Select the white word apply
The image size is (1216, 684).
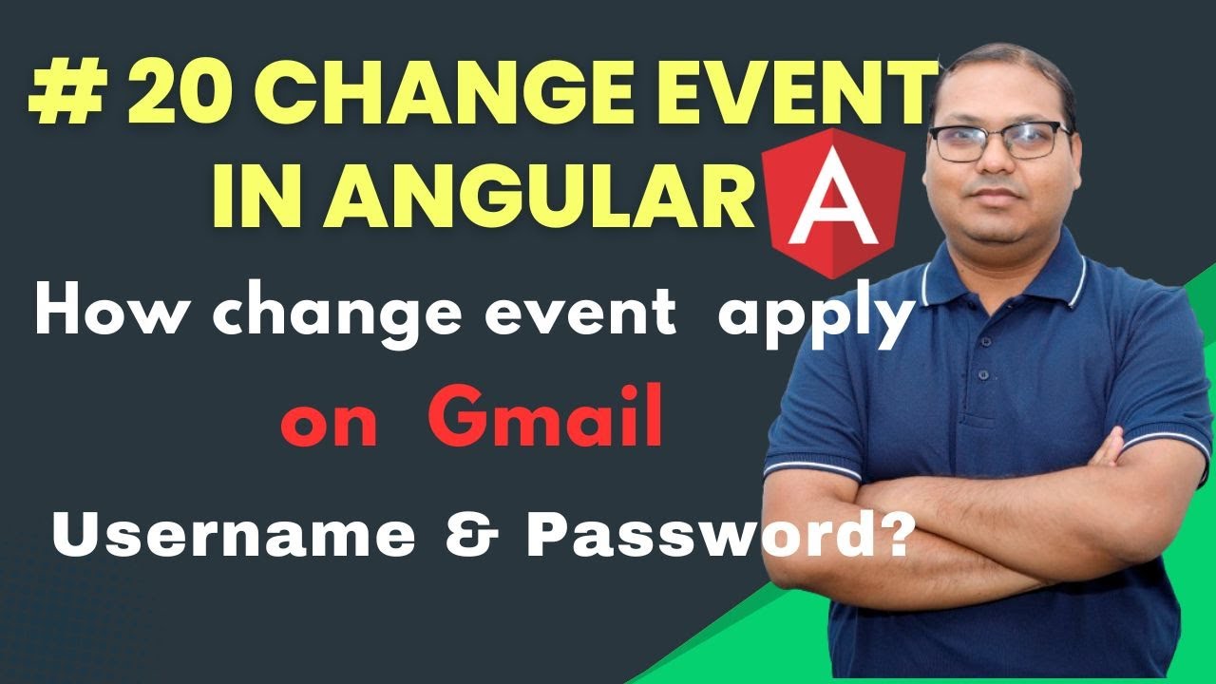[814, 318]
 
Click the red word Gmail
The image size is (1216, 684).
[545, 421]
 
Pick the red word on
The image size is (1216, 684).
[330, 426]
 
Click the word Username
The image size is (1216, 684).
[234, 537]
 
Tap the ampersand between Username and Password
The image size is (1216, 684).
[471, 537]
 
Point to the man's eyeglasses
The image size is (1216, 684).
[999, 142]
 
